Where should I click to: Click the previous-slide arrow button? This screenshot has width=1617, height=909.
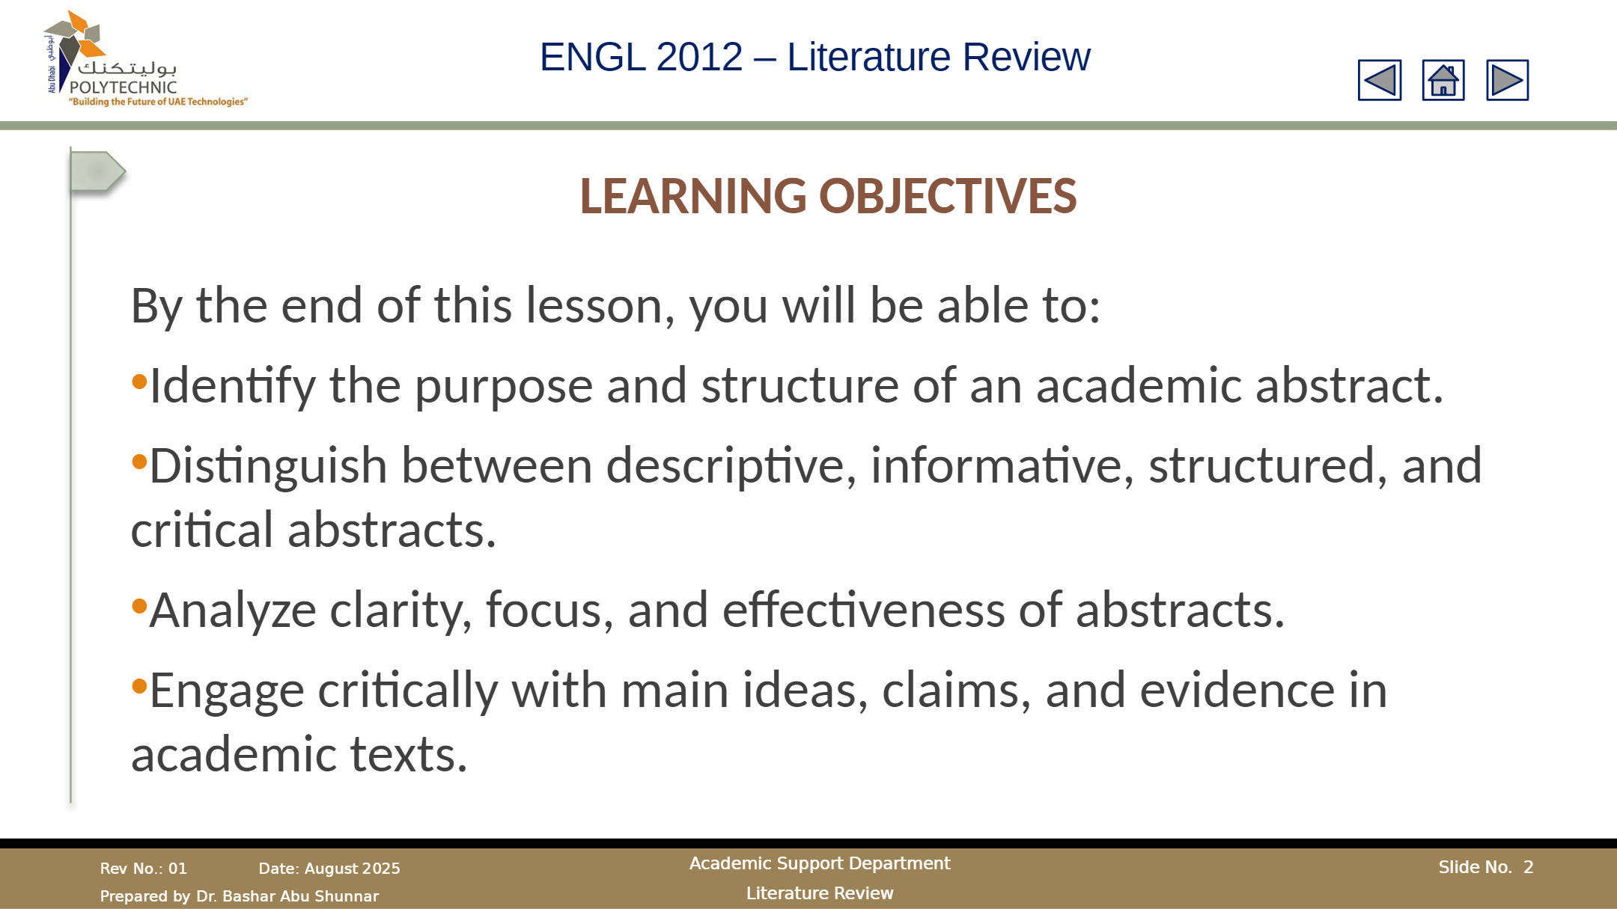click(1380, 80)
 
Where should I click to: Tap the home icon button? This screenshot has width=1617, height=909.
click(1443, 80)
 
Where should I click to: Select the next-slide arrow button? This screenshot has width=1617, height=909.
click(1507, 80)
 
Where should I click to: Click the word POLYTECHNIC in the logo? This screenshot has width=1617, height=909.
click(123, 87)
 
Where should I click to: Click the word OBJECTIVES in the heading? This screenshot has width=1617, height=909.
click(948, 196)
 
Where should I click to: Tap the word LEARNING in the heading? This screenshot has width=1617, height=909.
click(693, 196)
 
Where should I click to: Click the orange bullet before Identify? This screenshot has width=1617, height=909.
click(139, 382)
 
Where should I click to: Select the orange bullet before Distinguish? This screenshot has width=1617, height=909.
click(139, 462)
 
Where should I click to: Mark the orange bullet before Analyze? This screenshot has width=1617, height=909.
click(139, 606)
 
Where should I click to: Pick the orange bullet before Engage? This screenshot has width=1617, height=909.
click(139, 685)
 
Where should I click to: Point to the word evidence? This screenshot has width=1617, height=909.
click(1237, 689)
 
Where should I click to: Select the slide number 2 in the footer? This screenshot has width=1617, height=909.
click(1529, 867)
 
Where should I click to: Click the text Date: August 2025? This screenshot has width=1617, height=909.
click(329, 869)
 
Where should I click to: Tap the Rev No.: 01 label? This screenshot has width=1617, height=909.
click(144, 869)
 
